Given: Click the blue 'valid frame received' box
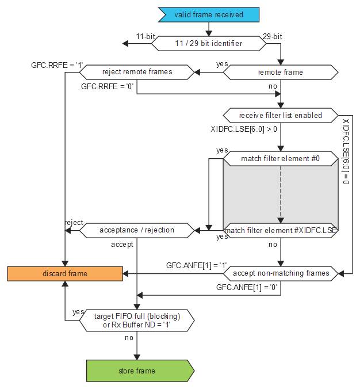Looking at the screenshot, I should click(209, 14).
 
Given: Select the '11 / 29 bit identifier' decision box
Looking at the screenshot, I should click(208, 44).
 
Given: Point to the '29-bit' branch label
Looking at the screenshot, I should click(273, 36).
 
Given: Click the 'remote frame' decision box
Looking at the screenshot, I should click(280, 73).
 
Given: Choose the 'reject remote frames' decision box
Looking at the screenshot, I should click(137, 73).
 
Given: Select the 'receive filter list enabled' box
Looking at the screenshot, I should click(280, 115).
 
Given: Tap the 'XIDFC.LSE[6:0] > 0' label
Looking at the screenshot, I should click(244, 129).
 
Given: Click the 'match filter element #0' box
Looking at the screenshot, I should click(280, 158).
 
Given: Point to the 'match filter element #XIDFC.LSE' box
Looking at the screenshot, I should click(280, 230).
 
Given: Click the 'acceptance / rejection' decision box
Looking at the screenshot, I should click(137, 230).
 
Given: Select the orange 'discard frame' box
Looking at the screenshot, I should click(65, 273).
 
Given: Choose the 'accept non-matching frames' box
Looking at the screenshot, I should click(280, 273).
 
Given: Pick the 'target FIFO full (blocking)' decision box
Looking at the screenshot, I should click(137, 320).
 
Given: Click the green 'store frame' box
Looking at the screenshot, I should click(137, 371).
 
